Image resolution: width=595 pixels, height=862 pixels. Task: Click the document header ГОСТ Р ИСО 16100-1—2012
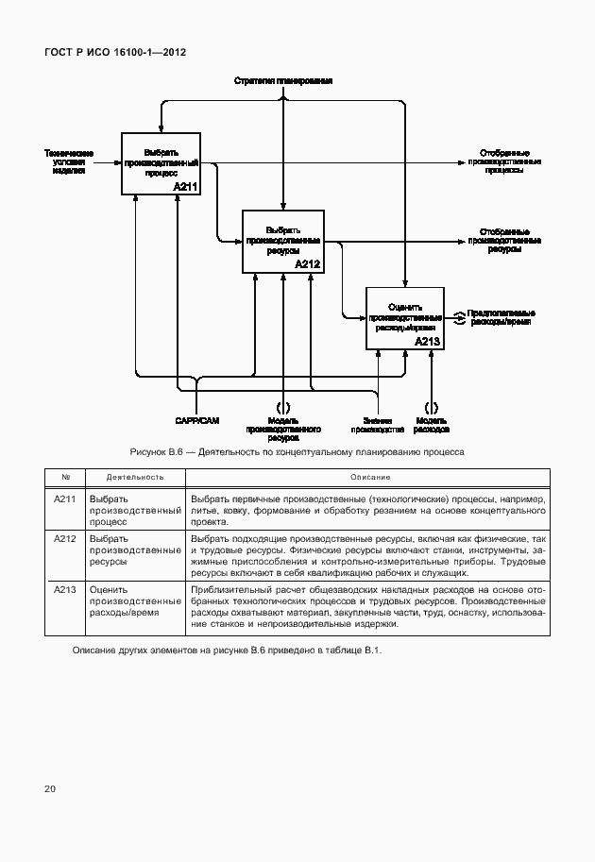pos(115,53)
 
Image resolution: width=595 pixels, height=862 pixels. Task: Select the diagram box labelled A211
pos(161,163)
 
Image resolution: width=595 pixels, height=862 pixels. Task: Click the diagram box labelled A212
pos(283,241)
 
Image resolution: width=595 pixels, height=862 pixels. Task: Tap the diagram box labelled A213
pos(404,317)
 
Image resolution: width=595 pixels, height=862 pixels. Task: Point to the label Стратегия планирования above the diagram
pos(283,82)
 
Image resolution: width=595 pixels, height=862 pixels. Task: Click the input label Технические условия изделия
pos(68,161)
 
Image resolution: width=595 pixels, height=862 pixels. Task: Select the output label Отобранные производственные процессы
pos(504,161)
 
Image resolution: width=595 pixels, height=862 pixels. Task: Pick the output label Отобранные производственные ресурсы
pos(504,241)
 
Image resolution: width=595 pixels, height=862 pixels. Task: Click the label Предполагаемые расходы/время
pos(501,317)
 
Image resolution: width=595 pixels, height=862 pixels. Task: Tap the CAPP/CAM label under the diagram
pos(196,421)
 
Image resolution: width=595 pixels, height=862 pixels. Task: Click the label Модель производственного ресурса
pos(283,430)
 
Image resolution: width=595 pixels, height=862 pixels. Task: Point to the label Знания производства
pos(377,425)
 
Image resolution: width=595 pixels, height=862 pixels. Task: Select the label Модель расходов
pos(432,425)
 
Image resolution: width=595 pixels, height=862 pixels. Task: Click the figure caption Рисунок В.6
pos(297,451)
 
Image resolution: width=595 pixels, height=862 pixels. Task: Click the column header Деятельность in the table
pos(135,477)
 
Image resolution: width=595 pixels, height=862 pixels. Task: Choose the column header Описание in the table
pos(365,477)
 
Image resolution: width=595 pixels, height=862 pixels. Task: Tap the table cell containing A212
pos(65,538)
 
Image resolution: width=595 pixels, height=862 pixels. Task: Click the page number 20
pos(50,787)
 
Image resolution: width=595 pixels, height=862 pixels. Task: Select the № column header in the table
pos(65,477)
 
